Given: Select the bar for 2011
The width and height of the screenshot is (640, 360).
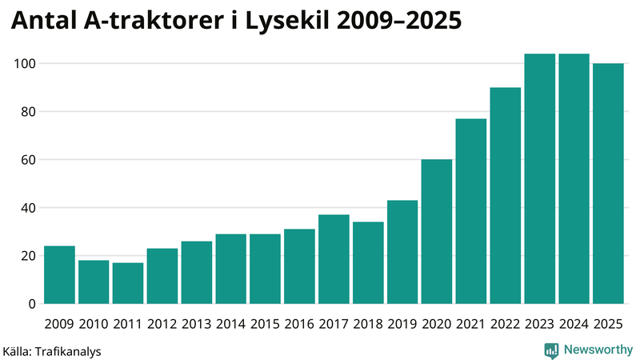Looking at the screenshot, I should point(128,283).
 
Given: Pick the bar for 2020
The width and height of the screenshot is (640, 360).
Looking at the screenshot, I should point(437,231).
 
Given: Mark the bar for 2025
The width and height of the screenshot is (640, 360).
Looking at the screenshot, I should point(608,183).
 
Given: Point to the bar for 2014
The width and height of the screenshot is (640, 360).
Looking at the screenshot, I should point(231,269).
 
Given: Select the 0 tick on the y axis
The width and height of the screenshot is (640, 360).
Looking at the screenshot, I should point(32,304).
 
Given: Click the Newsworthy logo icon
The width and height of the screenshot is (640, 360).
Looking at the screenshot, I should point(551,350).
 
